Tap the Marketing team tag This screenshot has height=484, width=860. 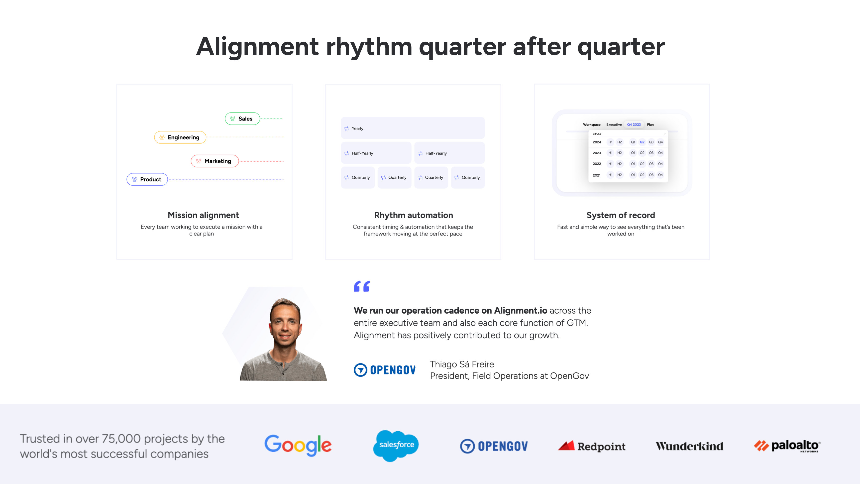(215, 161)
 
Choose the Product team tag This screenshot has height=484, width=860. (147, 179)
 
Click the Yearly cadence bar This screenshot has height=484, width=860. (413, 128)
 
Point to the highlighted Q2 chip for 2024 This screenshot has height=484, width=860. (642, 142)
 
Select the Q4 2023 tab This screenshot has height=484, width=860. (634, 124)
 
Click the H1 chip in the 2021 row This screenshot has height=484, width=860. (610, 175)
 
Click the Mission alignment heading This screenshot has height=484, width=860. (203, 215)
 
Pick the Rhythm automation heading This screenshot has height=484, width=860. (413, 215)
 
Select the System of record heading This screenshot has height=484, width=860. (621, 215)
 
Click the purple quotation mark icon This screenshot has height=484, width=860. (362, 286)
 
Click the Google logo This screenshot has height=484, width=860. (298, 446)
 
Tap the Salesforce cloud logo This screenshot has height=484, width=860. (396, 446)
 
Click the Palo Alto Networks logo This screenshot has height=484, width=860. (787, 446)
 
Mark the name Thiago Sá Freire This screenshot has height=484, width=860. (462, 364)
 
